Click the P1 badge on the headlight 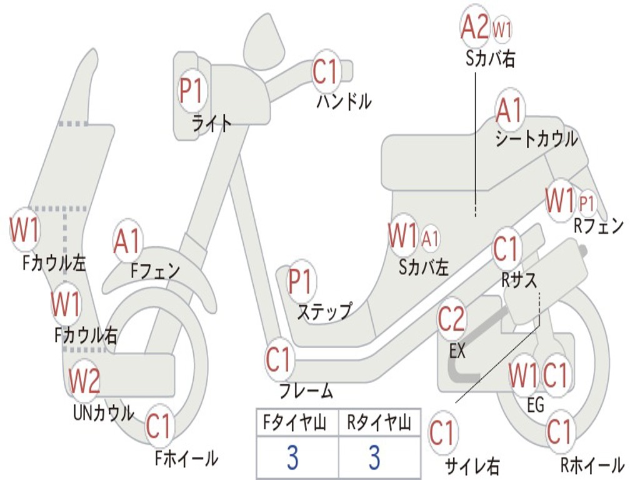[x=191, y=91]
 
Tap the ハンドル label [x=344, y=101]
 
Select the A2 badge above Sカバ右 [x=474, y=27]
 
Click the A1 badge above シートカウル [x=509, y=111]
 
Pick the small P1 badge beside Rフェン [x=587, y=203]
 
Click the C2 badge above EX [x=452, y=319]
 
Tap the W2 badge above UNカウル [x=84, y=379]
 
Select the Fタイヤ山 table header [x=294, y=424]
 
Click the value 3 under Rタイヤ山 [x=374, y=457]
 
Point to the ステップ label [x=324, y=311]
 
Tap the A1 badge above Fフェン [x=128, y=241]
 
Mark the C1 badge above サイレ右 [x=443, y=432]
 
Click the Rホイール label [x=591, y=465]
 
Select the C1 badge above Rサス [x=507, y=249]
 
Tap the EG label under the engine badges [x=536, y=405]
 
